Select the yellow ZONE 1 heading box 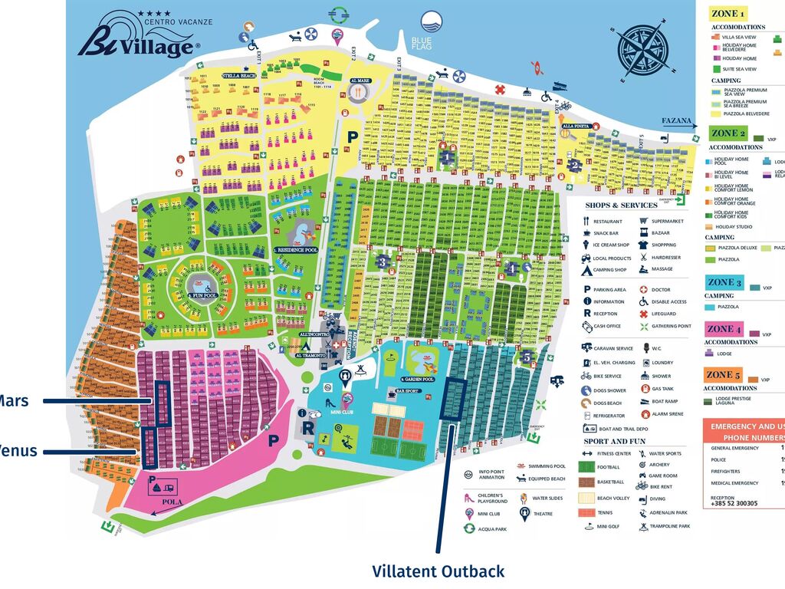(x=728, y=13)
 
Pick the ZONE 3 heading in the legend (x=725, y=283)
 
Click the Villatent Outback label (x=438, y=571)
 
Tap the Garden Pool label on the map (x=418, y=380)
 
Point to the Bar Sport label (x=387, y=391)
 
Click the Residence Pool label (x=296, y=250)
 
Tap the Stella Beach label (x=238, y=76)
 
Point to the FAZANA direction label (x=678, y=121)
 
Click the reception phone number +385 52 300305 (x=734, y=504)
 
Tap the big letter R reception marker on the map (x=307, y=427)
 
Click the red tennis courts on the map (x=412, y=427)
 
